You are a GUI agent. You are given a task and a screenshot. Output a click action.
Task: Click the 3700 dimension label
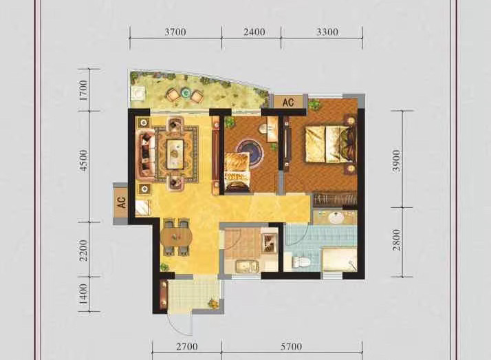pyautogui.click(x=175, y=32)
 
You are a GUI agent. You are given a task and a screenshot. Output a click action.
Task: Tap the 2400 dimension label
pyautogui.click(x=254, y=32)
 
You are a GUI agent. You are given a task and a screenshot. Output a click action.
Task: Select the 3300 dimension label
pyautogui.click(x=327, y=32)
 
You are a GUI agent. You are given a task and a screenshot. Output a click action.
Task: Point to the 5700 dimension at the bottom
pyautogui.click(x=291, y=347)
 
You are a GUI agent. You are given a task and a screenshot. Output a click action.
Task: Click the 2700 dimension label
pyautogui.click(x=186, y=347)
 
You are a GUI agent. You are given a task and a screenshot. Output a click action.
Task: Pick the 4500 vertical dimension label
pyautogui.click(x=84, y=160)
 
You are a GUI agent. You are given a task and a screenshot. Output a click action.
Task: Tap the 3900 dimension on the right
pyautogui.click(x=397, y=160)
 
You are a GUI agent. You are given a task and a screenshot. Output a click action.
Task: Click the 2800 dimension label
pyautogui.click(x=397, y=240)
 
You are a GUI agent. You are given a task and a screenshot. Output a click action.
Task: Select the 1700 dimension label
pyautogui.click(x=84, y=91)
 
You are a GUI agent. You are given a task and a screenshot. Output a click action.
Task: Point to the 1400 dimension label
pyautogui.click(x=84, y=294)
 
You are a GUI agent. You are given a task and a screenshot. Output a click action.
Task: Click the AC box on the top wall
pyautogui.click(x=288, y=102)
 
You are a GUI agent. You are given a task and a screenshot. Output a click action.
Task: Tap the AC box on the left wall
pyautogui.click(x=121, y=202)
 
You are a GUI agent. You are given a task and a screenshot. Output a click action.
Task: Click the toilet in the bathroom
pyautogui.click(x=301, y=262)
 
